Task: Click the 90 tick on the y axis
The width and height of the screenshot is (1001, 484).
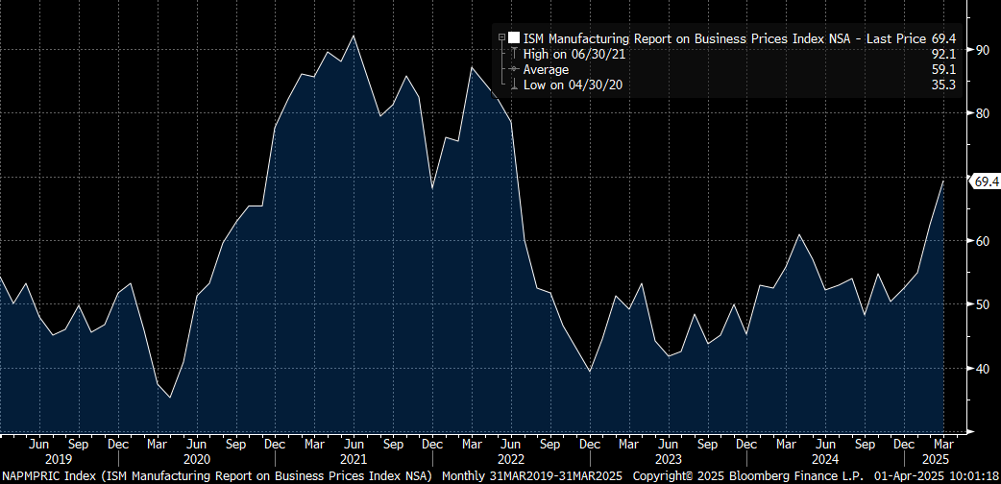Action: pyautogui.click(x=982, y=49)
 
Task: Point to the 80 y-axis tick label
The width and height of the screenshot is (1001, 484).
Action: pyautogui.click(x=982, y=113)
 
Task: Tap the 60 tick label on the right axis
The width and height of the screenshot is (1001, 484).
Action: pyautogui.click(x=982, y=240)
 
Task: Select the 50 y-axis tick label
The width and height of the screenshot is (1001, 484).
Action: pyautogui.click(x=982, y=304)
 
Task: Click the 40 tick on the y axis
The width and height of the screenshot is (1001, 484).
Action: pyautogui.click(x=982, y=368)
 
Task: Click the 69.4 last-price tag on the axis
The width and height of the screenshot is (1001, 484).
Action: pyautogui.click(x=987, y=181)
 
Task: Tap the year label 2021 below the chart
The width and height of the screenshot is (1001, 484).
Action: pyautogui.click(x=354, y=459)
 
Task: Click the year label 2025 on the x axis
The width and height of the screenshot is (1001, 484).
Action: pyautogui.click(x=943, y=459)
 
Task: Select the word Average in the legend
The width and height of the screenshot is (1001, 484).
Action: pyautogui.click(x=546, y=69)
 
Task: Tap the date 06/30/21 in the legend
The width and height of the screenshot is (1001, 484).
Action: pyautogui.click(x=600, y=54)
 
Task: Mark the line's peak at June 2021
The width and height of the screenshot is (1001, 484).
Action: pyautogui.click(x=354, y=36)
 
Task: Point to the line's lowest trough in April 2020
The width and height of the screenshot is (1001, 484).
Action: pyautogui.click(x=170, y=397)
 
